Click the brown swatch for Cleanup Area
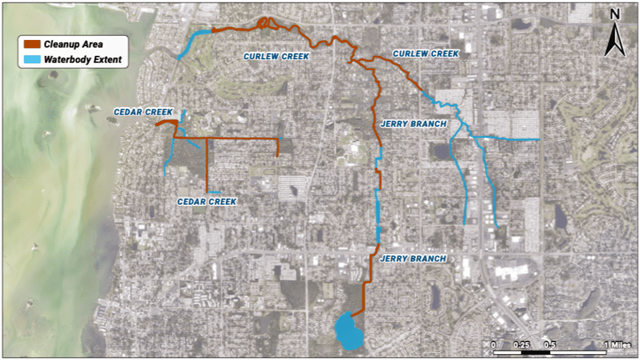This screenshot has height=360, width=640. coord(33,44)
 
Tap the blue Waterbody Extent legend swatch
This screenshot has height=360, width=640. coord(33,59)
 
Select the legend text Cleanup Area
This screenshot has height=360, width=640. coord(73,44)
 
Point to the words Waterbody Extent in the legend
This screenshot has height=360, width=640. coord(83,59)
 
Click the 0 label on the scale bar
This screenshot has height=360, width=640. coord(493,344)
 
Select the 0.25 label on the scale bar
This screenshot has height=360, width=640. coord(521,344)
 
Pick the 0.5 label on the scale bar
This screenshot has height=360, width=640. coord(550,344)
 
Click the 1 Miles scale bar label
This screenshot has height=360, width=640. coord(615,344)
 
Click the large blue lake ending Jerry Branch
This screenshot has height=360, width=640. coord(347,331)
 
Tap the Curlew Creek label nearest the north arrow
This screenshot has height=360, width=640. coord(425,53)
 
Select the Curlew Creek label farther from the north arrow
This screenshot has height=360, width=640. coord(276,57)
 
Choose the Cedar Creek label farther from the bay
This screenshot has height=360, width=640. coord(207,201)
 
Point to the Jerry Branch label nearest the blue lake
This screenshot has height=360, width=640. coord(413,259)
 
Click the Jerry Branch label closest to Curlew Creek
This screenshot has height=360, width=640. coord(413,124)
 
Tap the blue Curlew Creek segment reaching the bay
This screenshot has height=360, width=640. coord(194,41)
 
